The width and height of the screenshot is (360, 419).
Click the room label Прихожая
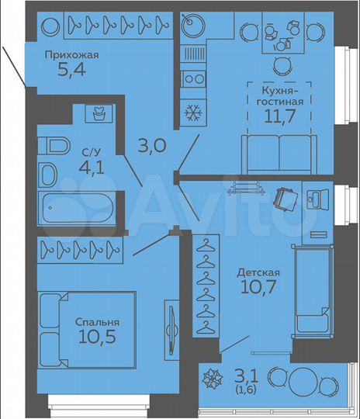72,55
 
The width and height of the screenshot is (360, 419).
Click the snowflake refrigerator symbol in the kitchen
191,113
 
